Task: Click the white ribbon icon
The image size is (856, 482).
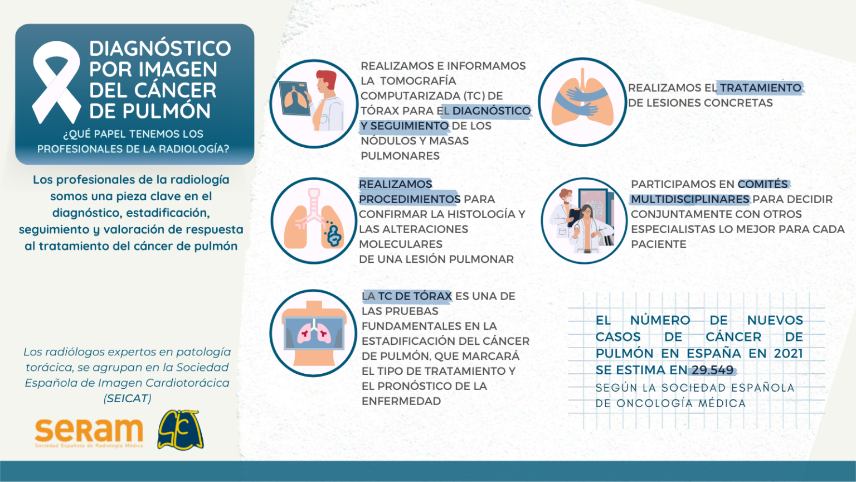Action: [x=56, y=82]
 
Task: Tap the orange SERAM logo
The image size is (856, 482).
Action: [x=89, y=433]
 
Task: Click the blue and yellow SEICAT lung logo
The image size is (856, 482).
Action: [x=181, y=430]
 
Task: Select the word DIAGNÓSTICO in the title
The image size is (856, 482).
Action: [x=160, y=49]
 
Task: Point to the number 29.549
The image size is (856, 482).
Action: [x=713, y=370]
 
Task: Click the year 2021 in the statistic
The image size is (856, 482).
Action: [x=789, y=353]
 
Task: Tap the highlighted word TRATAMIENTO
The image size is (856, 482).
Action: [x=761, y=88]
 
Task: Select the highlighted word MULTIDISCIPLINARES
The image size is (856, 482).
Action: [x=690, y=199]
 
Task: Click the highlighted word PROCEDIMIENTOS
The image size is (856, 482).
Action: [x=410, y=199]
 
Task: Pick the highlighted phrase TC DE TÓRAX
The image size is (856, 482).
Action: [x=415, y=296]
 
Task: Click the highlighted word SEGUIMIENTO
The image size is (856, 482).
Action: [x=409, y=126]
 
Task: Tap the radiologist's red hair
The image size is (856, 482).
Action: [x=327, y=78]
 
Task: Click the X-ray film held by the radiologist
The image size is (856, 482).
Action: [x=294, y=98]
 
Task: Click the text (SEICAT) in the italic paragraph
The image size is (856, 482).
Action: [x=128, y=399]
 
